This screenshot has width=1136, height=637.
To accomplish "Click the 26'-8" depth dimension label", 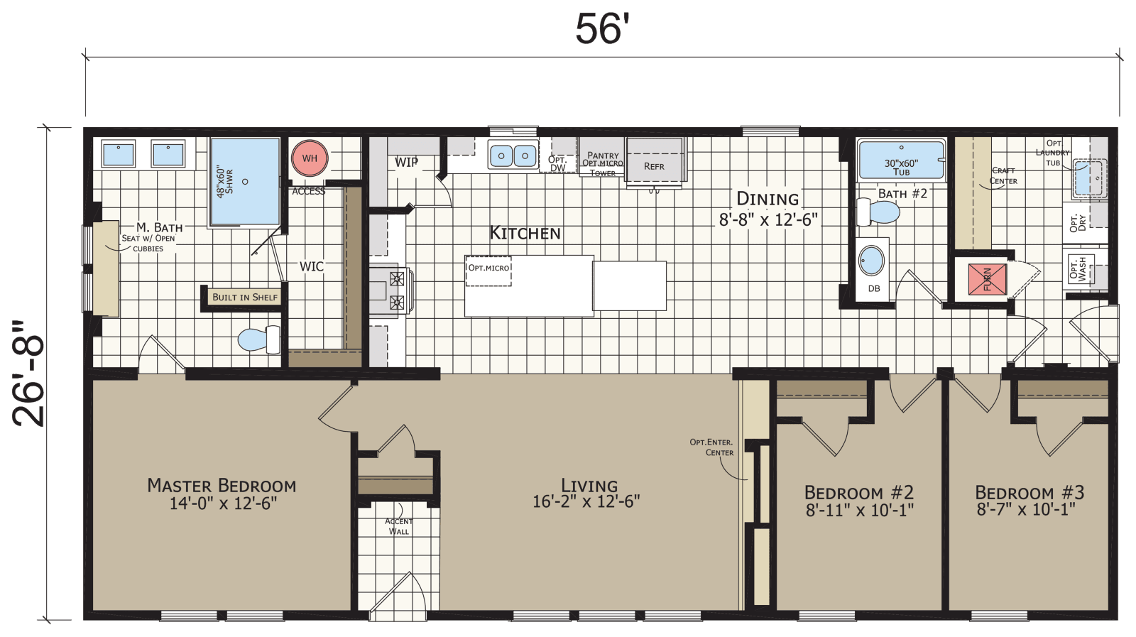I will pyautogui.click(x=30, y=374).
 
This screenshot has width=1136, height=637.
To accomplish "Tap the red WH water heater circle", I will pyautogui.click(x=310, y=158).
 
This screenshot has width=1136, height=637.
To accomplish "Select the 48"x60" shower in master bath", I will pyautogui.click(x=245, y=182).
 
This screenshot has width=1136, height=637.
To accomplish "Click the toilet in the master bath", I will pyautogui.click(x=258, y=339).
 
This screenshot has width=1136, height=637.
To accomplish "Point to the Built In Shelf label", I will pyautogui.click(x=245, y=297).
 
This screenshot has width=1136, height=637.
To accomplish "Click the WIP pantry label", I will pyautogui.click(x=406, y=163).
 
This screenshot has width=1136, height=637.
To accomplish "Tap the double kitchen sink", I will pyautogui.click(x=513, y=155).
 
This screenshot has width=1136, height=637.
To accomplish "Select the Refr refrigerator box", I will pyautogui.click(x=654, y=162).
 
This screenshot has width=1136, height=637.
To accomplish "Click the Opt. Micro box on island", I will pyautogui.click(x=488, y=271).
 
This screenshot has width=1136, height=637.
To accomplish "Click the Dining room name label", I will pyautogui.click(x=768, y=199).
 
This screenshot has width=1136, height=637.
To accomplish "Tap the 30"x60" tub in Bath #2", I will pyautogui.click(x=901, y=160).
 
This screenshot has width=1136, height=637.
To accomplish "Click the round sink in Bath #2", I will pyautogui.click(x=872, y=261).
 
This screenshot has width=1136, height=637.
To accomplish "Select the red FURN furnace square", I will pyautogui.click(x=988, y=278).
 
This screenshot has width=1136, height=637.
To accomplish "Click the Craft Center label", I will pyautogui.click(x=1003, y=175).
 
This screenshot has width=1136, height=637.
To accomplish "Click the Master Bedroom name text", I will pyautogui.click(x=222, y=486).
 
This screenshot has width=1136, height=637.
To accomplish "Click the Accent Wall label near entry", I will pyautogui.click(x=398, y=526).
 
